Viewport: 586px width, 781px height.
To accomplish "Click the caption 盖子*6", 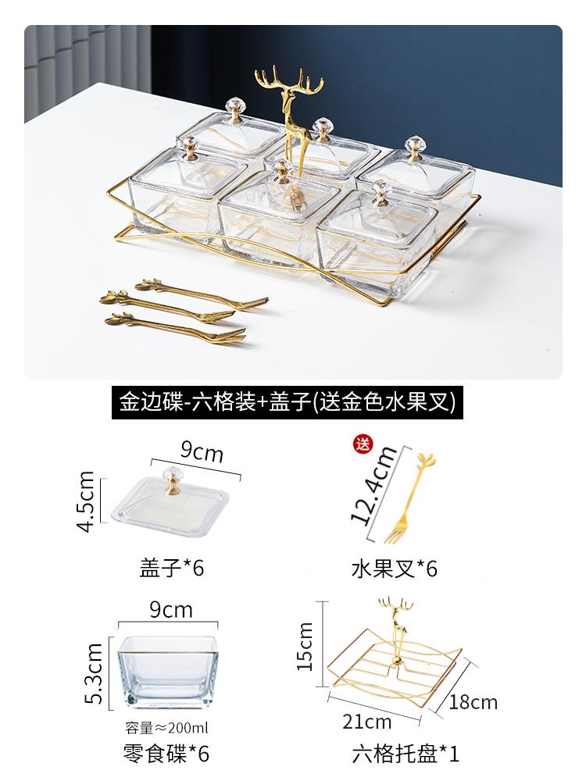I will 170,568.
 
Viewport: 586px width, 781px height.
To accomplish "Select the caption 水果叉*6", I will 394,568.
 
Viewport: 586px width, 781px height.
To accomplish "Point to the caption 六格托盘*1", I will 404,754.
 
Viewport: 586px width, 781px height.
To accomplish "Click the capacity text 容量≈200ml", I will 166,729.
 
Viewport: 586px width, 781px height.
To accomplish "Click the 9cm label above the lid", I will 202,452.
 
